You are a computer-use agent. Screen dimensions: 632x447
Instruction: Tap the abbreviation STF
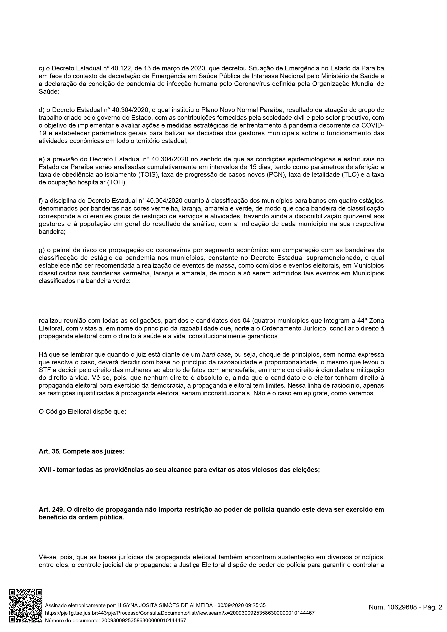pos(44,370)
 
